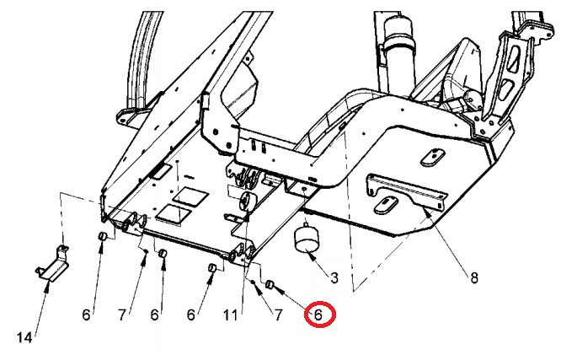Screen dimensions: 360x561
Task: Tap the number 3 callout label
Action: tap(334, 277)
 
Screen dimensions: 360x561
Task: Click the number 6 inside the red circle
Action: tap(318, 314)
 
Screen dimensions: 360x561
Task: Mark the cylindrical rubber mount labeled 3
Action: tap(307, 239)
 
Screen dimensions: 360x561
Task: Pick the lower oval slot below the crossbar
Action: tap(388, 204)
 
